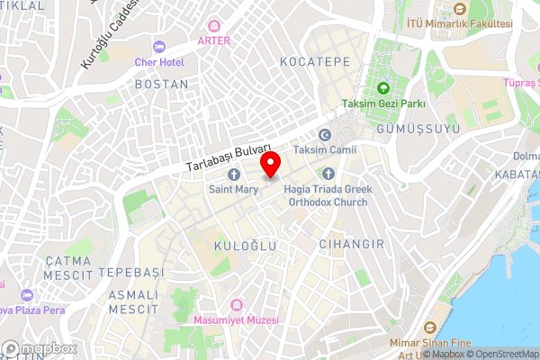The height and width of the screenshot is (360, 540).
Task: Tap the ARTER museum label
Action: pyautogui.click(x=213, y=40)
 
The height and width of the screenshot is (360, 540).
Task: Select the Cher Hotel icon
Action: pyautogui.click(x=160, y=47)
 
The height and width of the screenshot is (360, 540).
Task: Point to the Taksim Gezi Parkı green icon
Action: pyautogui.click(x=383, y=88)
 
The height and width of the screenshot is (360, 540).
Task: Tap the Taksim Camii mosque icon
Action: pyautogui.click(x=324, y=134)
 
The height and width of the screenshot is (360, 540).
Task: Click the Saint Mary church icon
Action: pyautogui.click(x=234, y=174)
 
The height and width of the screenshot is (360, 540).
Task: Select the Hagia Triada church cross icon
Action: pyautogui.click(x=328, y=174)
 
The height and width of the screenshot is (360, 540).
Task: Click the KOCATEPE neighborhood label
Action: pyautogui.click(x=314, y=62)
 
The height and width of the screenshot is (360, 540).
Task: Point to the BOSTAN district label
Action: pyautogui.click(x=161, y=84)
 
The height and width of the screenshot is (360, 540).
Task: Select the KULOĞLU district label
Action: pyautogui.click(x=243, y=245)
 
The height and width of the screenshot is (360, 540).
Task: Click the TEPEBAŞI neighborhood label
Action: pyautogui.click(x=131, y=272)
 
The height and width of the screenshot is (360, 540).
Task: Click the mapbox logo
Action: pyautogui.click(x=39, y=348)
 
